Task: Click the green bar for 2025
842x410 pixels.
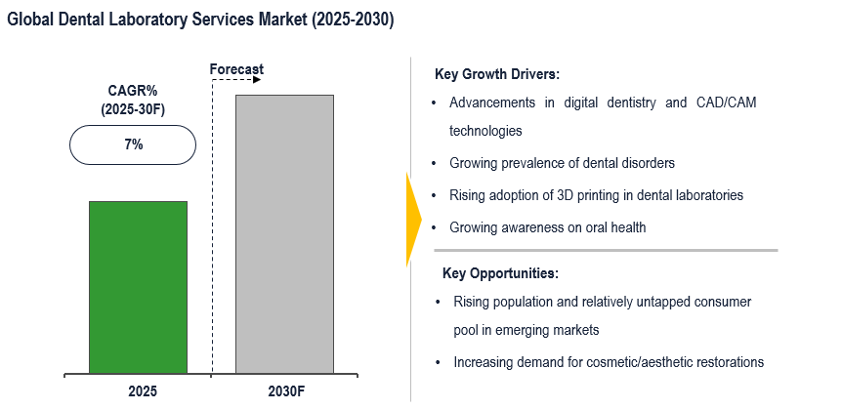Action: coord(138,287)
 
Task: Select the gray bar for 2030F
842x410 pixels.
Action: coord(284,234)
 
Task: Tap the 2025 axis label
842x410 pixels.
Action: coord(142,391)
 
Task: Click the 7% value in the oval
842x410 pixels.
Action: coord(133,144)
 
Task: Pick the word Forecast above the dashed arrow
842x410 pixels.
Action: coord(237,69)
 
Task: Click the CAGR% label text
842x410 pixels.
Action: coord(133,91)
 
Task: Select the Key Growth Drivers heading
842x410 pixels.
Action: coord(496,74)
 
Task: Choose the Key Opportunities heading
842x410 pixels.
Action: coord(500,273)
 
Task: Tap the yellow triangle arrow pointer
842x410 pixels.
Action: coord(413,219)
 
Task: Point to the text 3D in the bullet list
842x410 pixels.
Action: coord(590,195)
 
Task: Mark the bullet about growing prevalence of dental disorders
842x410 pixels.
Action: coord(562,163)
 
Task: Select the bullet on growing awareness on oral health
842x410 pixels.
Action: coord(547,227)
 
